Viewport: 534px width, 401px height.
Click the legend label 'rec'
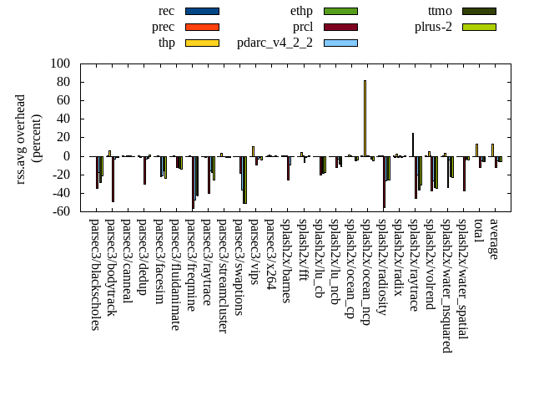165,11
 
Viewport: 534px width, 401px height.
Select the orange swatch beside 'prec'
202,27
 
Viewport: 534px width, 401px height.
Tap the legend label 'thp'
166,43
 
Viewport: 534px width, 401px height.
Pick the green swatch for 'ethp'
340,11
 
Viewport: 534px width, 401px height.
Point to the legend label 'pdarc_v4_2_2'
275,43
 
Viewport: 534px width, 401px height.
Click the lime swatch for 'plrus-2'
479,27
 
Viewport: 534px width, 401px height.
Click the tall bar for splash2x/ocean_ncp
365,118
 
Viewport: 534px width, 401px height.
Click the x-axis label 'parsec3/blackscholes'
94,274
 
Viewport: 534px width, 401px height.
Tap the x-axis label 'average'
493,239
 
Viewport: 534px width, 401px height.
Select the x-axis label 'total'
477,231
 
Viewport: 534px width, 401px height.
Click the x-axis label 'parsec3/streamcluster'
222,276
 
